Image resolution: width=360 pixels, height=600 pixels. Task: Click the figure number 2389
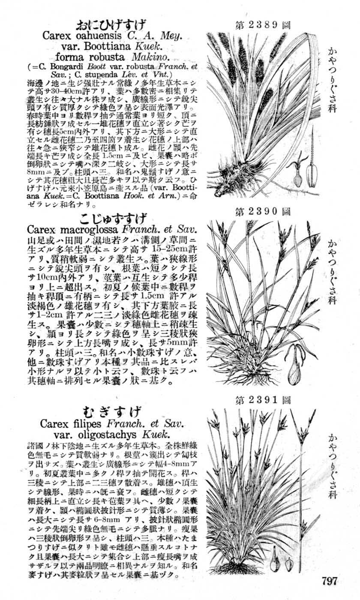tap(262, 25)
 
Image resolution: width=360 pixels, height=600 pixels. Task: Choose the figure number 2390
tap(262, 211)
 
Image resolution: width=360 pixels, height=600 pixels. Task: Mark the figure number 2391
tap(262, 401)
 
